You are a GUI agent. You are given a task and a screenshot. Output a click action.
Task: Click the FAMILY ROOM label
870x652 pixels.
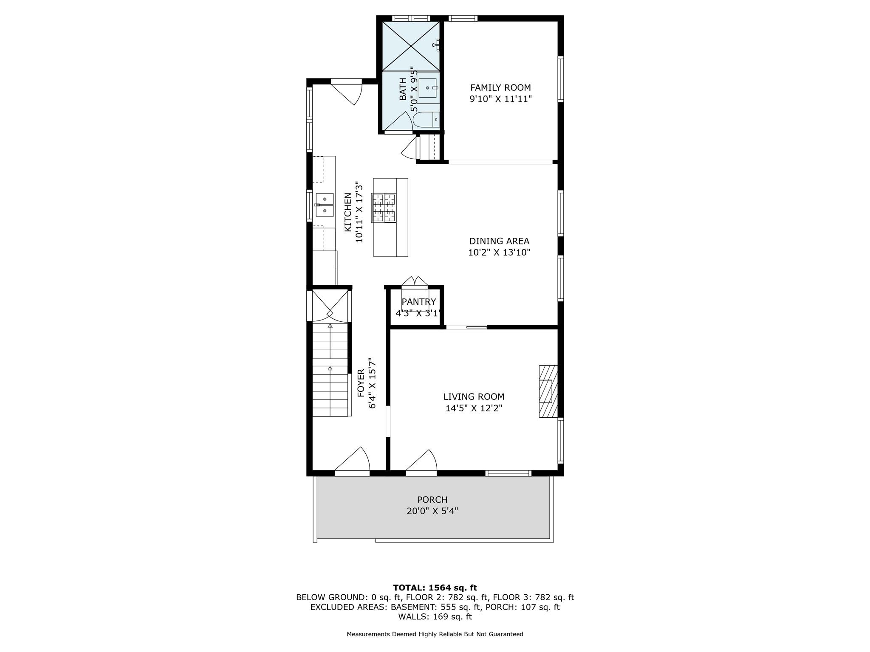pos(500,88)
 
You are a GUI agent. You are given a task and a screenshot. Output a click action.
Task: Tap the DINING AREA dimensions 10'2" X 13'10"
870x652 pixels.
pos(499,253)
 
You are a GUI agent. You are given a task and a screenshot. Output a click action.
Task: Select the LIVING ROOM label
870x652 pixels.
pos(474,397)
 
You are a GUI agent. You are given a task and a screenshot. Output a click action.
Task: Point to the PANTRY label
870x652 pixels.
pos(418,302)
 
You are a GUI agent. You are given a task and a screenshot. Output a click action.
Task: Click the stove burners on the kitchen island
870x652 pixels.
pos(384,208)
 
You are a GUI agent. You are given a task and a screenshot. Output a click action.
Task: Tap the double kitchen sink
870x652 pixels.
pos(325,205)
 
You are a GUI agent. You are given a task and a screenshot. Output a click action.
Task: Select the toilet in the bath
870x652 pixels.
pos(426,120)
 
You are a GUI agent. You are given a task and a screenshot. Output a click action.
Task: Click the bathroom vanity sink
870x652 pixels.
pos(427,88)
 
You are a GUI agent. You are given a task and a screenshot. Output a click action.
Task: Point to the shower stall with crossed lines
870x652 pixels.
pos(411,46)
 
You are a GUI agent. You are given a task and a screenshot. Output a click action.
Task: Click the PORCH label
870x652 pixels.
pos(432,500)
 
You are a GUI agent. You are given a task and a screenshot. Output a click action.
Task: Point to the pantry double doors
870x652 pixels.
pos(415,282)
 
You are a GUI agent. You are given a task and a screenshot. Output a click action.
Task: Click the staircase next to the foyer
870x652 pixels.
pos(330,369)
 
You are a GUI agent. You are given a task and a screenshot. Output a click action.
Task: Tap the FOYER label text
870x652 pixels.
pos(361,383)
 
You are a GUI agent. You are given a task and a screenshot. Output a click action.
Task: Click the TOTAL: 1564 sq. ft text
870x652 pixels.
pos(435,588)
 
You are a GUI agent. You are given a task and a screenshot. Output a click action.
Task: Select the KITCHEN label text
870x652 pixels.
pos(348,212)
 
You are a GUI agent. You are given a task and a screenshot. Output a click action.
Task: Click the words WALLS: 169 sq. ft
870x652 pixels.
pos(435,617)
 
